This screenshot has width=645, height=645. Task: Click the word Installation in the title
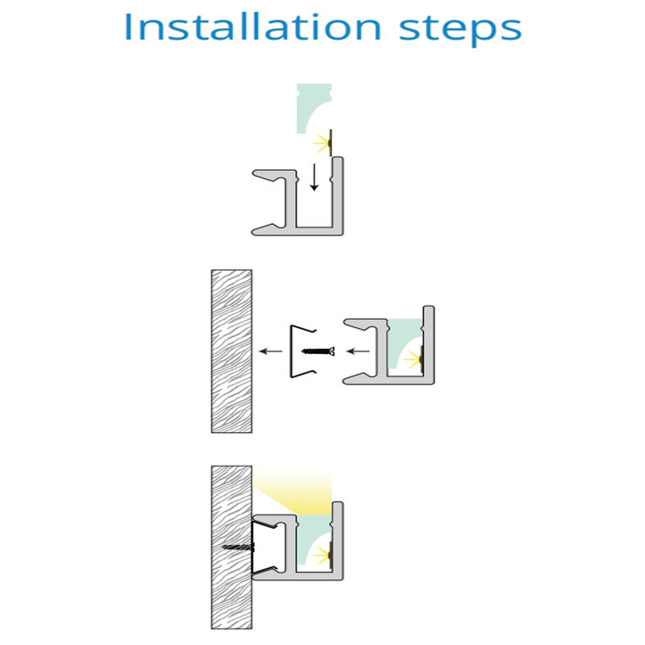click(252, 27)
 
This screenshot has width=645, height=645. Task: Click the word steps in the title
click(460, 30)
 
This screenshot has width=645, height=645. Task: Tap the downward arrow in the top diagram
click(314, 177)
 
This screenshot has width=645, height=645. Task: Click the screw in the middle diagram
click(318, 352)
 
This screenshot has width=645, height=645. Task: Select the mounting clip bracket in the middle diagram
click(293, 352)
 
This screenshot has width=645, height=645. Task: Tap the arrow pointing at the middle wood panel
click(271, 352)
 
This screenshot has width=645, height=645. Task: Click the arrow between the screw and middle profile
click(358, 352)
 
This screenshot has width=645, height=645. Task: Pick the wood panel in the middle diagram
click(231, 352)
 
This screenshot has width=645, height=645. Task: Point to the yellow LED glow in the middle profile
click(414, 360)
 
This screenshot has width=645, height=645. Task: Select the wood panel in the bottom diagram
click(231, 547)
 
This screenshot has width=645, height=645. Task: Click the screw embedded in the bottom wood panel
click(239, 547)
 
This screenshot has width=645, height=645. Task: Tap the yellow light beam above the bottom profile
click(300, 493)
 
